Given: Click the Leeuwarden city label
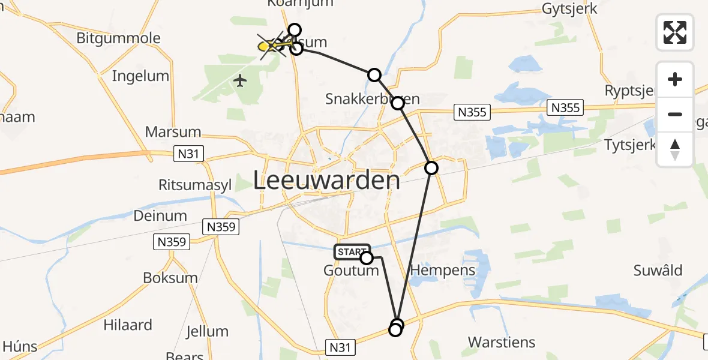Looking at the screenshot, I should (326, 180).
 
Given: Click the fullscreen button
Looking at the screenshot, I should (675, 32).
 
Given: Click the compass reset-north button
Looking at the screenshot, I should (675, 149).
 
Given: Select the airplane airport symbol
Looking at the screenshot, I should (240, 80).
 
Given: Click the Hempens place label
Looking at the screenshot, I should (442, 270).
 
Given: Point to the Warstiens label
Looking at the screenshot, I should (501, 343).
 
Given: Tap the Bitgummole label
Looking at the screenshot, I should (118, 38).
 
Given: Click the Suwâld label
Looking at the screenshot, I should (658, 271).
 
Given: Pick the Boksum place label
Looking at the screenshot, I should (170, 278).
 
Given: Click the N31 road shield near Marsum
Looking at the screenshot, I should (188, 154).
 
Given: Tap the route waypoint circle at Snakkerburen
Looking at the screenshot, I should (398, 103).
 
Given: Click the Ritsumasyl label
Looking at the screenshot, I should (195, 185).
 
